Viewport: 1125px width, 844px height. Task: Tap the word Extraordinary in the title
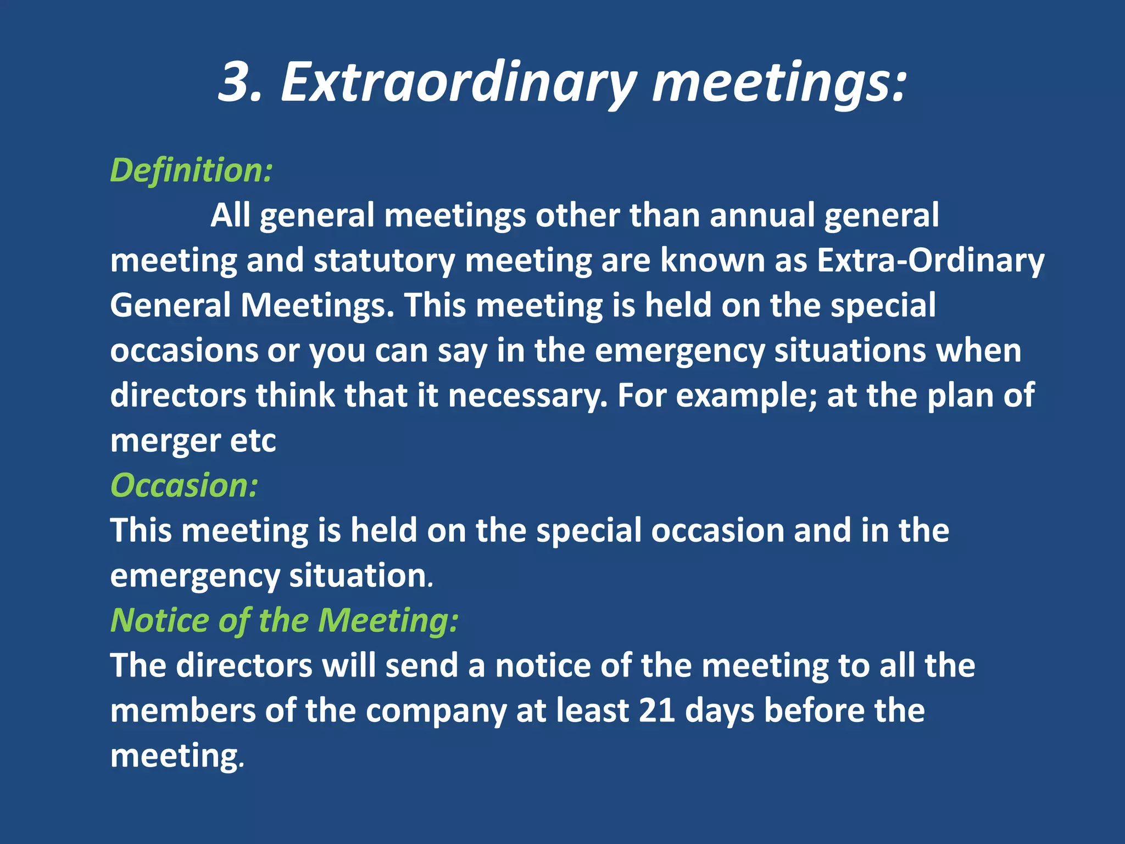458,82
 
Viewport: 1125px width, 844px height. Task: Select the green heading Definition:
191,170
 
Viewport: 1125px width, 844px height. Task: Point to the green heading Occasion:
184,486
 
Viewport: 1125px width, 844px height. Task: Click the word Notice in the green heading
159,620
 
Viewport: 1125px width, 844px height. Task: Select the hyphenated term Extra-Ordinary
930,260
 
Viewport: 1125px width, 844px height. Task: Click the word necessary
528,395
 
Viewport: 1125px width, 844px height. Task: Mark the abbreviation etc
253,440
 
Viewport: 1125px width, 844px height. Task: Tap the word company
436,710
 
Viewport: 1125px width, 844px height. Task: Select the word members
183,710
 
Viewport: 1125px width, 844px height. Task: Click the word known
712,260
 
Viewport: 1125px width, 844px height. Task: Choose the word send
421,665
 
